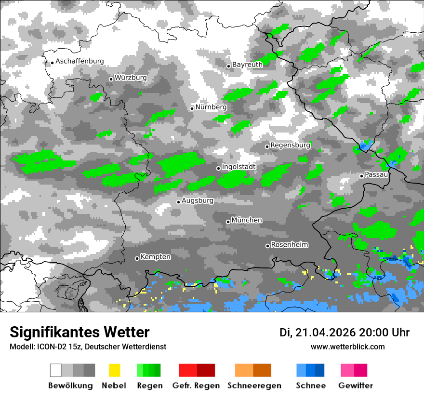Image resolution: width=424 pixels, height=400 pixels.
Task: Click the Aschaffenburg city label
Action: [x=79, y=61]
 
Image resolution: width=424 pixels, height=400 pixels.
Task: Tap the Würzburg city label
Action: [x=131, y=78]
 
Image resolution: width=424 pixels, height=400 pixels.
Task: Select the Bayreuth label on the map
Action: [x=247, y=65]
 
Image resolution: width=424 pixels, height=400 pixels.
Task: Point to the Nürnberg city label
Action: [x=211, y=107]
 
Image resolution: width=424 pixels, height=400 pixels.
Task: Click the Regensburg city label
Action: [x=290, y=145]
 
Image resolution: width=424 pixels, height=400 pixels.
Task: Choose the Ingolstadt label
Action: [x=238, y=167]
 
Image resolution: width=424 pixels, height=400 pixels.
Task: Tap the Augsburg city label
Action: [x=197, y=200]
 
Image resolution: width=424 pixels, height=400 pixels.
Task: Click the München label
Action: [x=247, y=220]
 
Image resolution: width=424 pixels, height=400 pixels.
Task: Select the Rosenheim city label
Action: [x=289, y=245]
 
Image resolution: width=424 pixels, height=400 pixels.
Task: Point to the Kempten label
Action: [x=155, y=257]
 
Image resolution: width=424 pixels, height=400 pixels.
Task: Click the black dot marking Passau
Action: [x=361, y=176]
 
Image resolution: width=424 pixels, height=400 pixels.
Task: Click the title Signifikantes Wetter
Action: [x=79, y=333]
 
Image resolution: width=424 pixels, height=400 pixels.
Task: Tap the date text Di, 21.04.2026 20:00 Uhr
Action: [x=344, y=333]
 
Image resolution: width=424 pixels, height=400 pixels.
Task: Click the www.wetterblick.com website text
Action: [x=347, y=347]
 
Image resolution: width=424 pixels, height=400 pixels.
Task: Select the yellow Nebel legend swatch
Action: [x=114, y=370]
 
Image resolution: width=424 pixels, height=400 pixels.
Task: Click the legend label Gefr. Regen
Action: [x=196, y=386]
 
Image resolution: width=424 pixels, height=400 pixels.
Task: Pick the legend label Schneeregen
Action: [x=254, y=386]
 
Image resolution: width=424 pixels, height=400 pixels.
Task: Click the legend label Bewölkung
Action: [x=70, y=386]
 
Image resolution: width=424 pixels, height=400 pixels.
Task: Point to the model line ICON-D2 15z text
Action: [x=88, y=347]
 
